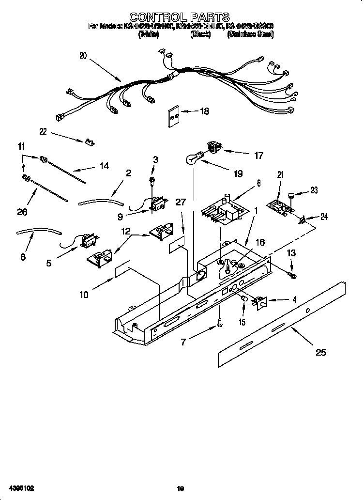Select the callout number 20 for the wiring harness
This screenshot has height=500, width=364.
pos(83,56)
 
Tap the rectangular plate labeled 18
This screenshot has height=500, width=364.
pos(173,116)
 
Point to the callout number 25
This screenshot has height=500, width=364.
pos(320,352)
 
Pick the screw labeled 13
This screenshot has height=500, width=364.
pos(292,276)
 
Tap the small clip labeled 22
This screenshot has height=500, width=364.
pos(89,141)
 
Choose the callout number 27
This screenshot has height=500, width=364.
pos(181,203)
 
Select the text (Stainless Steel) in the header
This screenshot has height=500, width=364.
pos(250,34)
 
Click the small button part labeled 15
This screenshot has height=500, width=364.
pos(244,303)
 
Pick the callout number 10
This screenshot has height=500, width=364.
pos(84,294)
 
